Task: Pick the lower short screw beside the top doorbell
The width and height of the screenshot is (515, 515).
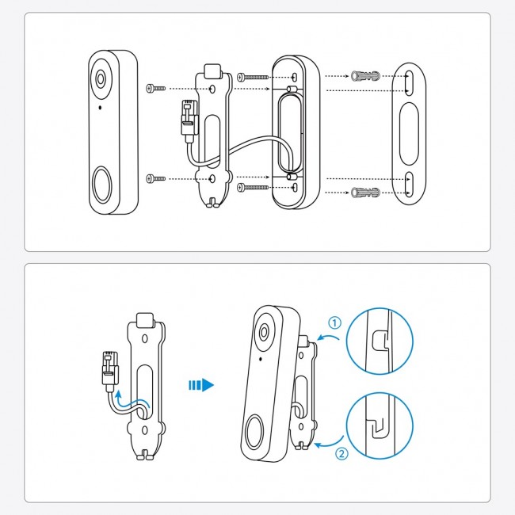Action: coord(156,179)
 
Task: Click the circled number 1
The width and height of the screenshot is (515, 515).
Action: coord(334,322)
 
